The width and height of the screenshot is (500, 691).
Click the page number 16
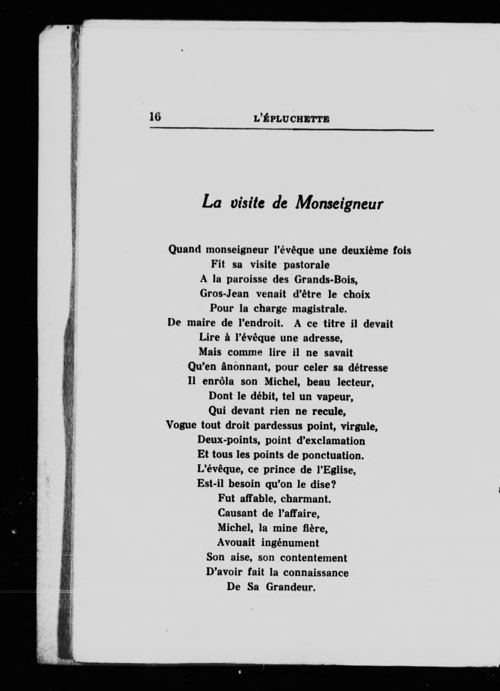[155, 116]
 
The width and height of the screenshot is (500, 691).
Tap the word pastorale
[306, 265]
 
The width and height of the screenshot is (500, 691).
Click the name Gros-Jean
[224, 294]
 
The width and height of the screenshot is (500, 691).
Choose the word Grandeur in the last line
[291, 587]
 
